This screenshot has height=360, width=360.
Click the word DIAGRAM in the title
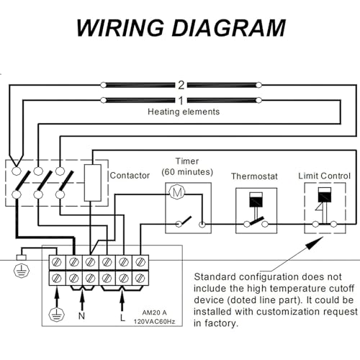pos(229,27)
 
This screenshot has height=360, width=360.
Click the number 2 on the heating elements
pos(181,85)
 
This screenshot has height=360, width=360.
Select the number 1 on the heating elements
pos(181,100)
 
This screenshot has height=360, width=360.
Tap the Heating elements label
pos(184,112)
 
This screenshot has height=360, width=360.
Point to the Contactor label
pos(130,176)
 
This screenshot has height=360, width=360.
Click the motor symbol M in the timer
pos(177,192)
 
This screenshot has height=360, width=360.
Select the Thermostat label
pos(254,176)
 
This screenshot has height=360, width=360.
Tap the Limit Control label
pos(324,176)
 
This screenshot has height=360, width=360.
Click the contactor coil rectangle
pos(93,183)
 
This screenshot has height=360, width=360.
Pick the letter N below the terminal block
pos(81,316)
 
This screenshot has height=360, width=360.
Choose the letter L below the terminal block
pos(122,318)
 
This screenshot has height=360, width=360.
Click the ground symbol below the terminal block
pos(57,315)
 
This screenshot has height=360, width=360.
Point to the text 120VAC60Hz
pos(154,321)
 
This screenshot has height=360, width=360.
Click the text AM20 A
pos(154,312)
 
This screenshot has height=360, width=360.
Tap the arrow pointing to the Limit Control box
pos(298,253)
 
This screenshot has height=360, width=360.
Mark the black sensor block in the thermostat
pos(256,199)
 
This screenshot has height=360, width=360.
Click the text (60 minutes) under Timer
pos(187,172)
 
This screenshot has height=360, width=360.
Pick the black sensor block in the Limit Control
pos(325,194)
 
